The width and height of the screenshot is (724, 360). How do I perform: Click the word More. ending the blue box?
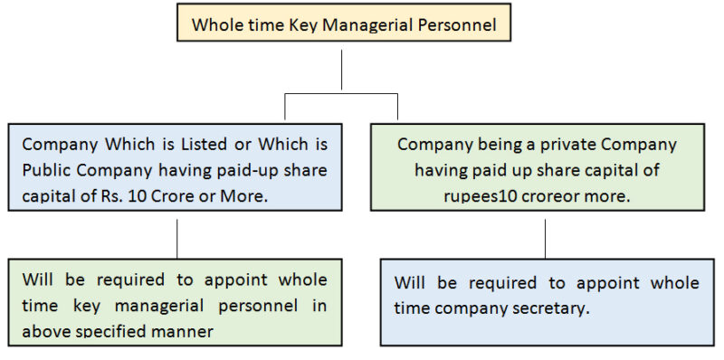[x=247, y=196]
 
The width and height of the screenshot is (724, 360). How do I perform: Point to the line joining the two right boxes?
[x=545, y=238]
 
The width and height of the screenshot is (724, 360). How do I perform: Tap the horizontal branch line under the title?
[x=341, y=92]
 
